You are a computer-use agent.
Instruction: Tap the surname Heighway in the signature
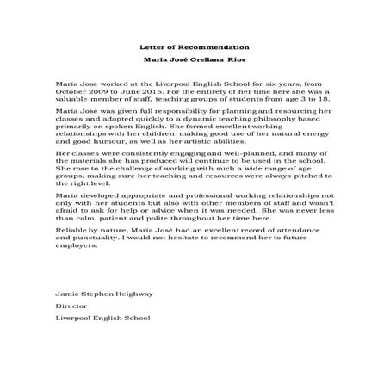coord(131,294)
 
